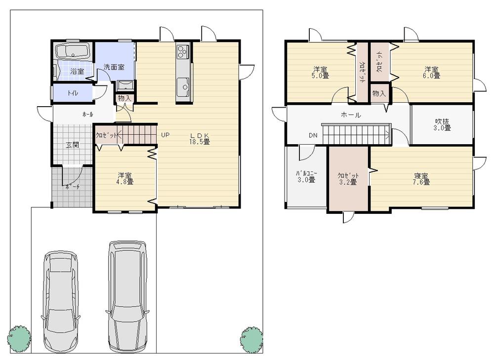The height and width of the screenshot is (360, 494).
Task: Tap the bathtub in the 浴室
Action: [x=72, y=51]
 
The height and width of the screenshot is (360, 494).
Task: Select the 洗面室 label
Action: [x=114, y=67]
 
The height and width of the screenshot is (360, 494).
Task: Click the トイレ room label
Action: [x=72, y=92]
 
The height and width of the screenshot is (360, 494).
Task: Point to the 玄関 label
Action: [x=72, y=145]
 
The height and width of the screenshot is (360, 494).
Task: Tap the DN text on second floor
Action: [x=313, y=135]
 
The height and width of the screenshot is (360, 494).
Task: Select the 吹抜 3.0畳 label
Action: [x=442, y=124]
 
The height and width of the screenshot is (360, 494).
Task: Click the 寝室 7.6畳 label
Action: [x=421, y=178]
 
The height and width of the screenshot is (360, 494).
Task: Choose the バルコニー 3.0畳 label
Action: [x=306, y=177]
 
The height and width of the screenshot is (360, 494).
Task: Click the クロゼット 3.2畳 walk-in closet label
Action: [x=348, y=178]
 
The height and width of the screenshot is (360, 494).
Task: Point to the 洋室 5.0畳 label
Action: [x=321, y=72]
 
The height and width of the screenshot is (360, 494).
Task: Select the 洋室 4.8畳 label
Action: [x=125, y=178]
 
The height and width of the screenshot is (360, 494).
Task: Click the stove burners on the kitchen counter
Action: [x=183, y=50]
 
